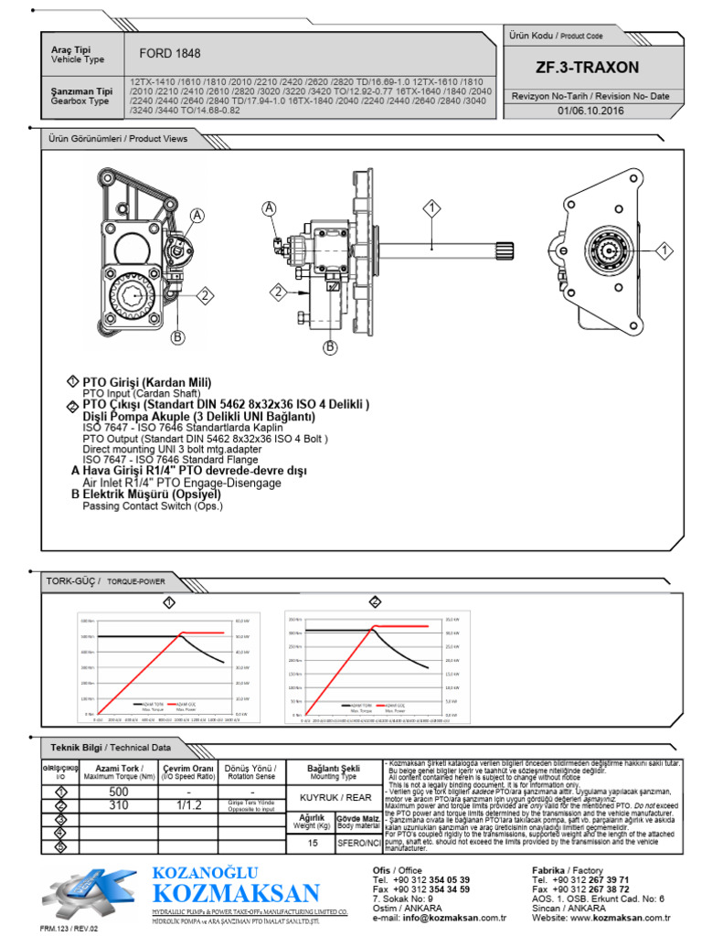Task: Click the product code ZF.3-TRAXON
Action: click(x=588, y=68)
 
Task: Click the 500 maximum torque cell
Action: click(x=118, y=791)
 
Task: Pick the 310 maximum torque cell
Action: click(x=118, y=805)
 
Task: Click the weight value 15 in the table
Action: click(x=313, y=844)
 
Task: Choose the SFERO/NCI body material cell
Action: click(x=357, y=844)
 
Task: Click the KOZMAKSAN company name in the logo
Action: click(x=236, y=893)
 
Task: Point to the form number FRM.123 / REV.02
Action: click(x=68, y=928)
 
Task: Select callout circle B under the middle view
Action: click(x=331, y=346)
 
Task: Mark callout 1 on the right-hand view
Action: click(x=665, y=249)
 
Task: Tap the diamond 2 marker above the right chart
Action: click(x=375, y=601)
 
